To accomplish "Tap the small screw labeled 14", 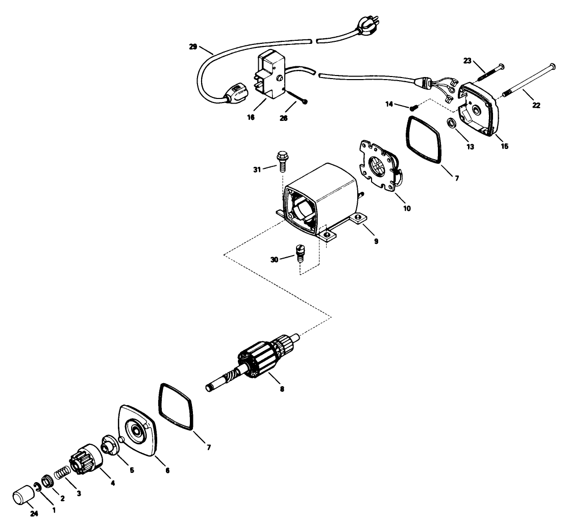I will pyautogui.click(x=413, y=107).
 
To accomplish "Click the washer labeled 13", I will pyautogui.click(x=451, y=123).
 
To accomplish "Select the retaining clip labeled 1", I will pyautogui.click(x=36, y=485).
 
